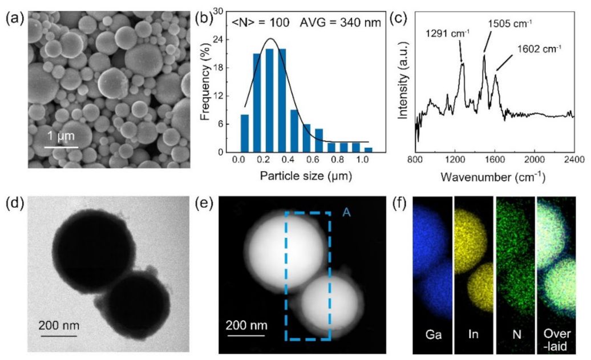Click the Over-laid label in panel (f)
point(557,336)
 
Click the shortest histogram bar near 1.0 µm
point(368,149)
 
